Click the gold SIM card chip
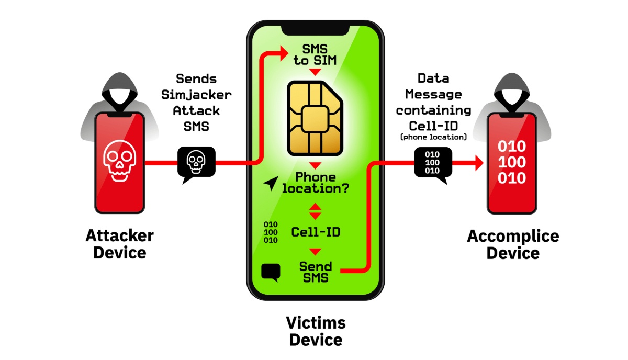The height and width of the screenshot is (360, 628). tap(315, 118)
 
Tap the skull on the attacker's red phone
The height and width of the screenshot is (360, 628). tap(120, 161)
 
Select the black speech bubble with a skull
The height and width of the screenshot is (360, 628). tap(196, 164)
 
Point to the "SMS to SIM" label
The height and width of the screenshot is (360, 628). tap(315, 55)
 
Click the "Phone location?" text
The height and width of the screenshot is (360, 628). tap(316, 183)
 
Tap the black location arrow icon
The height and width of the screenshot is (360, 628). tap(271, 183)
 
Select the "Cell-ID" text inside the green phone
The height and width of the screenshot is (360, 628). tap(316, 232)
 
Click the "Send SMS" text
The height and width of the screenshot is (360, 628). tap(316, 272)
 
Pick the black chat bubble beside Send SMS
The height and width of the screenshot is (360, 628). tap(271, 272)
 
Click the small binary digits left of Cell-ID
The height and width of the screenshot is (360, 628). tap(271, 232)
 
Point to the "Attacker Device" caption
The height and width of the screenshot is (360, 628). tap(120, 244)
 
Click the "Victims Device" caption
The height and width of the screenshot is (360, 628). tap(316, 331)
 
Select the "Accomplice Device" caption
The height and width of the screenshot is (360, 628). tap(513, 244)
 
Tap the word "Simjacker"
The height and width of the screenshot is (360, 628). tap(196, 95)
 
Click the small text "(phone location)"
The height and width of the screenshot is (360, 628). tap(433, 137)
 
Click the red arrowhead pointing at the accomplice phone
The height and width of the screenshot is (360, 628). tap(479, 163)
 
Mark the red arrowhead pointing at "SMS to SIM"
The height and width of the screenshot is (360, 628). tap(284, 53)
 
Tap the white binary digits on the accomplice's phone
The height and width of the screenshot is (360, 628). tap(512, 162)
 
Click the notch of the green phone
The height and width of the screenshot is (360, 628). tap(316, 30)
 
